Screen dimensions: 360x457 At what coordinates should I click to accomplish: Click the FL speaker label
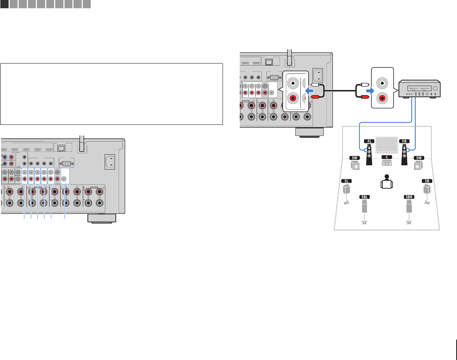point(368,141)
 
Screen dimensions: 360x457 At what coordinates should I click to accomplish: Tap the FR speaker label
point(404,141)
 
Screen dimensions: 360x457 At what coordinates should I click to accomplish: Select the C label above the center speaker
point(386,157)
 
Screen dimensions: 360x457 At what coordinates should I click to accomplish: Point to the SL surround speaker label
point(346,181)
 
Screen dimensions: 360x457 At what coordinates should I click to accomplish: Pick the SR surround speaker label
point(427,181)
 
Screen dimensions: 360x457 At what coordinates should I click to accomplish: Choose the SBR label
point(409,197)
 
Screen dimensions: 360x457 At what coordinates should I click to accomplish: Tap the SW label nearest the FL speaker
point(354,158)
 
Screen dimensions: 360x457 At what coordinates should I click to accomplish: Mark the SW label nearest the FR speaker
point(418,158)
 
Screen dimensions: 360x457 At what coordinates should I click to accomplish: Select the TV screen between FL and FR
point(386,145)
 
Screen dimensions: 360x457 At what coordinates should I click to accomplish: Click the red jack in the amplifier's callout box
point(383,97)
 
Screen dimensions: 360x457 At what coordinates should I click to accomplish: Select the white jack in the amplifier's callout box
point(383,82)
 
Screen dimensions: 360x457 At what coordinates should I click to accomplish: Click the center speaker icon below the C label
point(386,164)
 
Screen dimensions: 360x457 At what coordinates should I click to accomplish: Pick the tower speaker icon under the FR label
point(404,155)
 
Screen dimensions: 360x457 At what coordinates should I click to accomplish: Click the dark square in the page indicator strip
point(4,4)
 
